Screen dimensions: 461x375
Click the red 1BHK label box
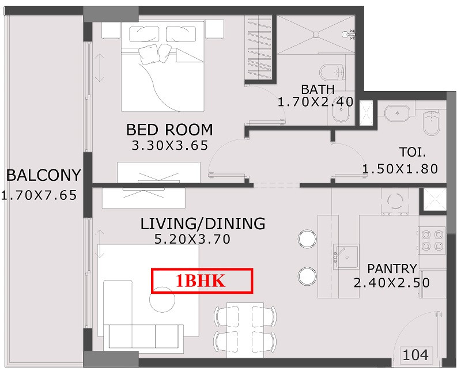tap(202, 281)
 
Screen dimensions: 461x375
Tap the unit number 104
tap(415, 355)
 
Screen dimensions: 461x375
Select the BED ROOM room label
tap(169, 130)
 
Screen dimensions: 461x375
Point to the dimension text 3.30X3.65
tap(169, 146)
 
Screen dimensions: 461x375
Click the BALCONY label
tap(44, 176)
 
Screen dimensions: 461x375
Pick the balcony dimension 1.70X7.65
tap(39, 195)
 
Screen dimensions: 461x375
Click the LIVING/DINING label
tap(203, 224)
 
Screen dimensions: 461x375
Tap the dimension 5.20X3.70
tap(192, 239)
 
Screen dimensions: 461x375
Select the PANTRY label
tap(392, 268)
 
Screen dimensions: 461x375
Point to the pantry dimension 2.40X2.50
tap(392, 283)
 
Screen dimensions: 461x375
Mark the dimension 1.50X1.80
tap(400, 169)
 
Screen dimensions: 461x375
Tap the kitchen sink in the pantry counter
tap(345, 256)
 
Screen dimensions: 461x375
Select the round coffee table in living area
tap(163, 300)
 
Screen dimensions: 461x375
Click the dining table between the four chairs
tap(245, 329)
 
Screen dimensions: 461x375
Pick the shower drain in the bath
tap(316, 35)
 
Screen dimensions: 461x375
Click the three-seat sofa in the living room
tap(143, 336)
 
